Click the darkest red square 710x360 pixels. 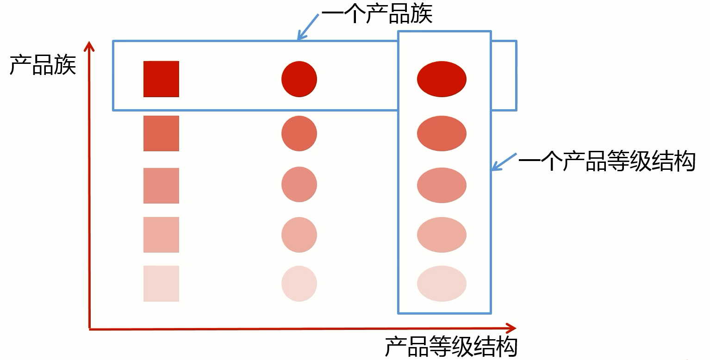[161, 79]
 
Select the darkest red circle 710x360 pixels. [299, 79]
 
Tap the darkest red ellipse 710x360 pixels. [442, 79]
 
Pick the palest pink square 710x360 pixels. [161, 284]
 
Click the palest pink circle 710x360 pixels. [299, 284]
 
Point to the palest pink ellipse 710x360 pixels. [442, 284]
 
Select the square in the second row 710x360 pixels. [161, 133]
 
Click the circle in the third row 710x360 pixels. [299, 185]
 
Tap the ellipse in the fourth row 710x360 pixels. [442, 235]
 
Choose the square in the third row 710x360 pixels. [161, 186]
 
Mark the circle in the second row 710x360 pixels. [299, 133]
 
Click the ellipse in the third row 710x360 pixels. [442, 186]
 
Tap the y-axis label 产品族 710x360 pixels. [43, 65]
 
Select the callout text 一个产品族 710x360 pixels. [377, 14]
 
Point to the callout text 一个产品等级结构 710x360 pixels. [607, 161]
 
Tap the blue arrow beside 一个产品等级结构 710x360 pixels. [504, 161]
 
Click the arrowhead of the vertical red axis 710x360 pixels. [89, 46]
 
